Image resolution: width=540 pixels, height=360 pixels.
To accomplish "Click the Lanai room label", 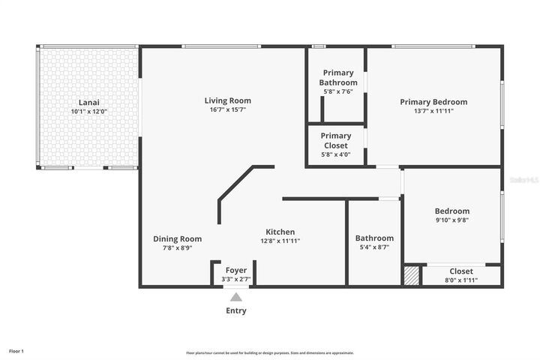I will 89,103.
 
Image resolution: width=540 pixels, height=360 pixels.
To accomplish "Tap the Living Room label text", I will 227,100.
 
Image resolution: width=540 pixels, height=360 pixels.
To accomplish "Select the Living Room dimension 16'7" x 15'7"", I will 227,109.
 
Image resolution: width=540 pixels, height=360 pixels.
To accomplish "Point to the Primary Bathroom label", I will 338,78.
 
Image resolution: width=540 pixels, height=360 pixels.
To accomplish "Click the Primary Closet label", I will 335,141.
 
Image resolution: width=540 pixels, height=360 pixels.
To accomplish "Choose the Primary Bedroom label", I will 433,102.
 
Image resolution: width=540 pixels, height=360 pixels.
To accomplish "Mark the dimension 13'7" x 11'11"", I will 433,111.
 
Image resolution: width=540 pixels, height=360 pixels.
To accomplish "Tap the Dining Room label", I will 178,239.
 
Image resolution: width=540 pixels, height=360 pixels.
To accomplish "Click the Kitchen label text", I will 280,232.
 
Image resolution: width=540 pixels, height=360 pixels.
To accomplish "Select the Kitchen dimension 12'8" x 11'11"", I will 280,241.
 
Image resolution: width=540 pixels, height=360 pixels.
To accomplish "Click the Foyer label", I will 236,270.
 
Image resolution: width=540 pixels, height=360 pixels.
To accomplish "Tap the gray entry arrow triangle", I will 236,297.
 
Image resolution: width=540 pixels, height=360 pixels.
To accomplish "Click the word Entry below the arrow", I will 236,310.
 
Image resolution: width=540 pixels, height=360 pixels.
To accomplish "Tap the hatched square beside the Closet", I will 411,275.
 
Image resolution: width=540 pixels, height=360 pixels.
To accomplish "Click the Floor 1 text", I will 16,351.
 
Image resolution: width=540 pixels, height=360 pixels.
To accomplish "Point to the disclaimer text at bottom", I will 270,352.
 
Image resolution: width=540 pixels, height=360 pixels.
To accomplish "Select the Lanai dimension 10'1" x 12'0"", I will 89,112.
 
